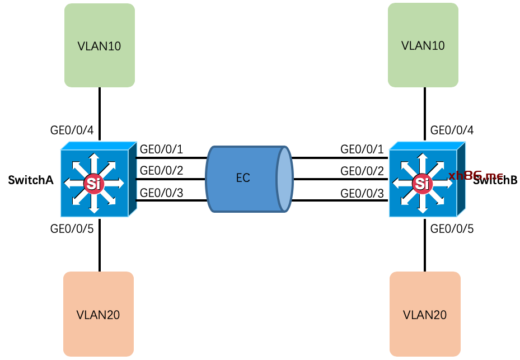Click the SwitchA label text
pos(31,180)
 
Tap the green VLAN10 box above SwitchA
pos(100,45)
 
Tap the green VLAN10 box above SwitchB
pos(423,45)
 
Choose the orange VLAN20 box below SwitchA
pos(99,314)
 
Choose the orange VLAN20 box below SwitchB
pos(425,314)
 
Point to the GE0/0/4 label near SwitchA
pos(72,132)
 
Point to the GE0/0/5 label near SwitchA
pos(72,228)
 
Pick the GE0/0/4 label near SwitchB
pos(452,132)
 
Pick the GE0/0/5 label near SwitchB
pos(452,228)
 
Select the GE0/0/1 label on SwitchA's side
pos(161,149)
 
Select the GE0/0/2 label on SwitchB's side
pos(362,170)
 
